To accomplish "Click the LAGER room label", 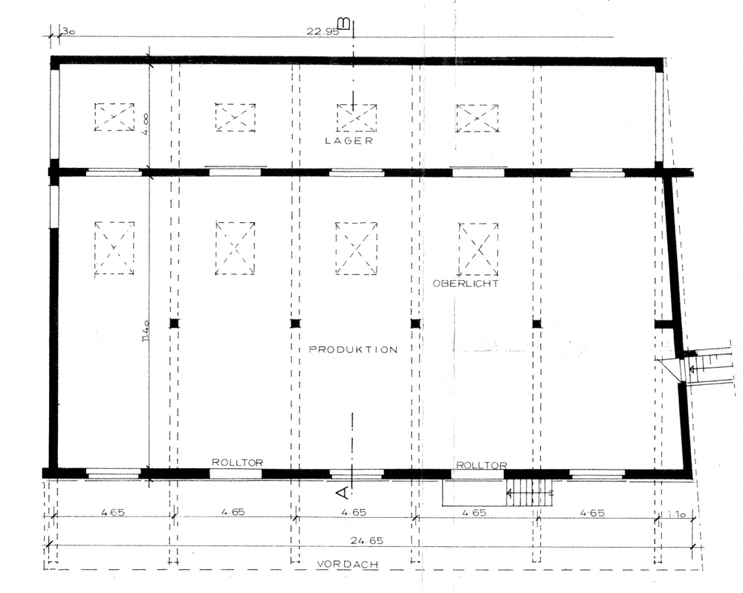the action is (349, 140).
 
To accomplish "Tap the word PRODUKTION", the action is (353, 350).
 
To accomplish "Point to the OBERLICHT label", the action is (466, 283).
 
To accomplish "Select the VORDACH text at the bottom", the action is (348, 564).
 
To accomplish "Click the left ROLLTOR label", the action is (238, 462).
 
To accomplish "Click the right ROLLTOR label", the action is (481, 465).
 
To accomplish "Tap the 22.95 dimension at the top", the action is (322, 31).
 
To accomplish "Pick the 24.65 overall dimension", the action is (367, 540).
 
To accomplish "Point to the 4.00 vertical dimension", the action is (145, 123).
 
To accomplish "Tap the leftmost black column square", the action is (175, 323).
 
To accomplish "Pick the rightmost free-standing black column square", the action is (537, 324).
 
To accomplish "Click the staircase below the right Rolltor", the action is (529, 493).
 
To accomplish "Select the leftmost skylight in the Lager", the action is (114, 117).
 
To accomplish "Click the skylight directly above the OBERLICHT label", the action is (478, 249).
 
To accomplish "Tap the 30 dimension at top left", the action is (68, 31).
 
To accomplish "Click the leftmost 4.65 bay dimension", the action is (113, 512).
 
